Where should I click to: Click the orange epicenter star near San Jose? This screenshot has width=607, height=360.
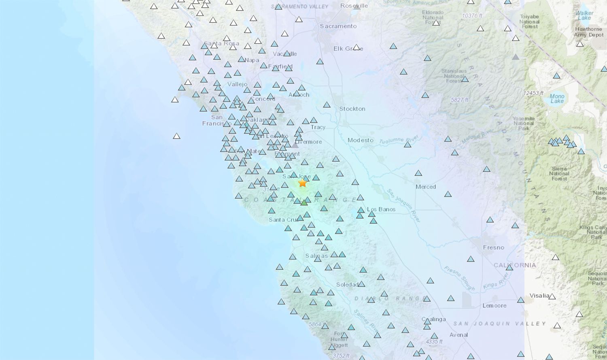coord(302,183)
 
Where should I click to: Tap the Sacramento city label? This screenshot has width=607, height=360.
coord(338,26)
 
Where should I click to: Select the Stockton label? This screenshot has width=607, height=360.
coord(352,109)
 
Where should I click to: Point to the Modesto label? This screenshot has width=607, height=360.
coord(360,141)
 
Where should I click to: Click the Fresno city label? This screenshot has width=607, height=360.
coord(493,247)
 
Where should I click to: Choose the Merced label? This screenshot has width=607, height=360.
coord(426,187)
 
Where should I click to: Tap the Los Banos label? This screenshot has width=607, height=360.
coord(381,209)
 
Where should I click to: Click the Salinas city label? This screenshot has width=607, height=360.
coord(316,256)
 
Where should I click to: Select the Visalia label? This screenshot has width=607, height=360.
coord(539,296)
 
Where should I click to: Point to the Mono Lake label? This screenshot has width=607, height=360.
coord(557,98)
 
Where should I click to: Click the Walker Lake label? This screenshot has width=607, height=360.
coord(584,15)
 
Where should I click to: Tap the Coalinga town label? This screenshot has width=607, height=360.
coord(434,319)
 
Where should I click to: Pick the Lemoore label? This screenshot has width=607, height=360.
coord(494,306)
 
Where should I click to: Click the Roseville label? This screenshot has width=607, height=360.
coord(354,6)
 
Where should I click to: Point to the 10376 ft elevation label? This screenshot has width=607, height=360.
coord(472,16)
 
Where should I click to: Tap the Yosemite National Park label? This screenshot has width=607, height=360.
coord(524,124)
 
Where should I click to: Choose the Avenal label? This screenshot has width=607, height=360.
coord(458,335)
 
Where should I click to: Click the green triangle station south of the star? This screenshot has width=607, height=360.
coord(304,202)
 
